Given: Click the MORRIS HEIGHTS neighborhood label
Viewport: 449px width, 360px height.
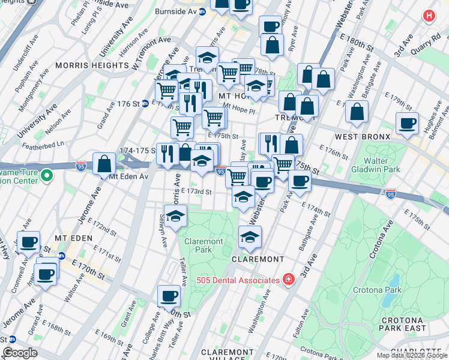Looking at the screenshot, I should [x=84, y=65].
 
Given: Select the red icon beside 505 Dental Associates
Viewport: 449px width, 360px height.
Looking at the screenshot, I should [x=289, y=280].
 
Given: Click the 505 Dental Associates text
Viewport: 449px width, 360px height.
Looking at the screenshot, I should [x=239, y=280].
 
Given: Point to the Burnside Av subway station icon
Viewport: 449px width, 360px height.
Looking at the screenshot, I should [x=202, y=11].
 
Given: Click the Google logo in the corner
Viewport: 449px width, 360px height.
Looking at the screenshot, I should [x=20, y=353].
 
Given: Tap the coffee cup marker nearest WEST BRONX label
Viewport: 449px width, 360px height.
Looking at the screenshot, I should [x=407, y=123].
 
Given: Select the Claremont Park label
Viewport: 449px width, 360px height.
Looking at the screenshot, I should [x=203, y=245].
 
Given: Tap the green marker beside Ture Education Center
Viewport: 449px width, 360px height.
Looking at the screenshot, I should [x=47, y=176].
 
